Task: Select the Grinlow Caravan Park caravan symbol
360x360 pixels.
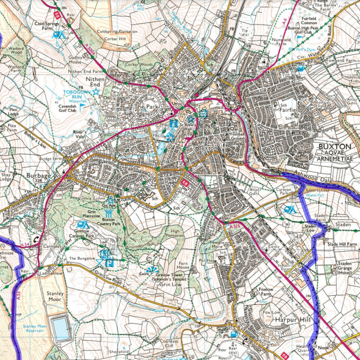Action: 83,224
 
